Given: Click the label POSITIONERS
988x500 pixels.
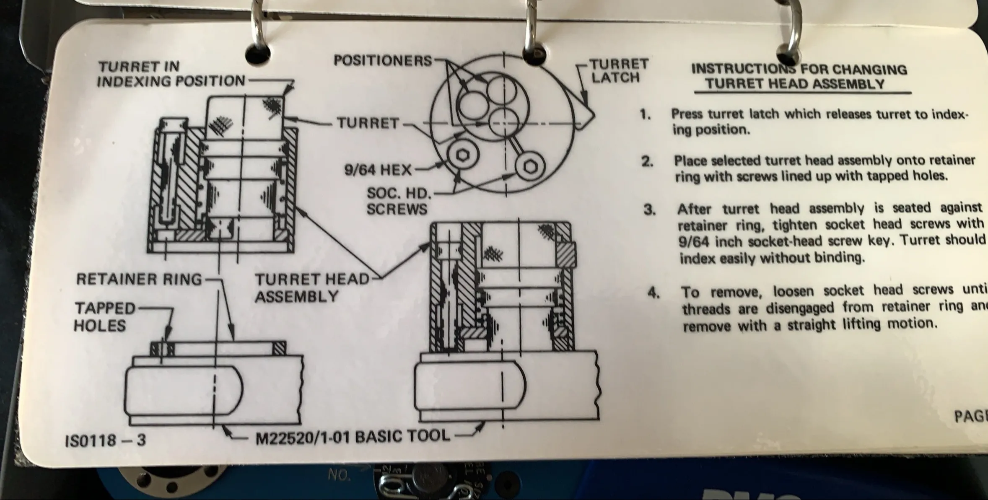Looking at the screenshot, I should tap(382, 61).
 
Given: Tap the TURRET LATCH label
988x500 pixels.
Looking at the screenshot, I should tap(619, 71).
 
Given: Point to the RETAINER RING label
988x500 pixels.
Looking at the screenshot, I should tap(139, 279).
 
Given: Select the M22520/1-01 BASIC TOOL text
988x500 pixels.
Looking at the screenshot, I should tap(352, 437).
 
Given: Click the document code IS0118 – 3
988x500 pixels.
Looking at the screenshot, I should tap(106, 440).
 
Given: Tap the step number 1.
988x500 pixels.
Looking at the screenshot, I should tap(645, 114).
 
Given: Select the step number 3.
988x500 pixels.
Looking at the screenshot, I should tap(649, 210).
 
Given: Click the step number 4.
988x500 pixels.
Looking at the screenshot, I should tap(653, 292).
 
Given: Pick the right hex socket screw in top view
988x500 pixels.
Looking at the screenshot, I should tap(528, 166).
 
